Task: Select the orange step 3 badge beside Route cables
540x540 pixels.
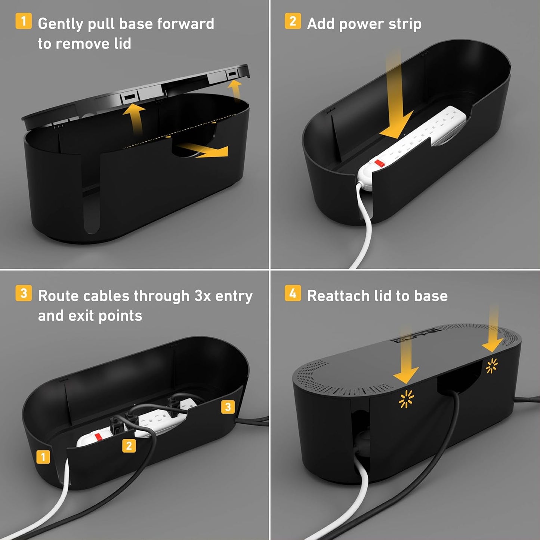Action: pyautogui.click(x=23, y=293)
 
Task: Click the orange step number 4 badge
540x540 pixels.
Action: pyautogui.click(x=293, y=293)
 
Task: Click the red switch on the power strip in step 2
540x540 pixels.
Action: pyautogui.click(x=379, y=163)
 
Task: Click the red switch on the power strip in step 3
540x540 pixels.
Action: pyautogui.click(x=99, y=436)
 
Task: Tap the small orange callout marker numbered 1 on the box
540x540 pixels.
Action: pyautogui.click(x=43, y=457)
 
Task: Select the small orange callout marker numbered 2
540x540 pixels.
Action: pyautogui.click(x=129, y=445)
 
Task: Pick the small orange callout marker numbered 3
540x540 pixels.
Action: pyautogui.click(x=228, y=407)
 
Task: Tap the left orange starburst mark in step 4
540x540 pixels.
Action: pyautogui.click(x=406, y=399)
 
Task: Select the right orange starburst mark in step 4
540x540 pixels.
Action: pyautogui.click(x=491, y=366)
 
